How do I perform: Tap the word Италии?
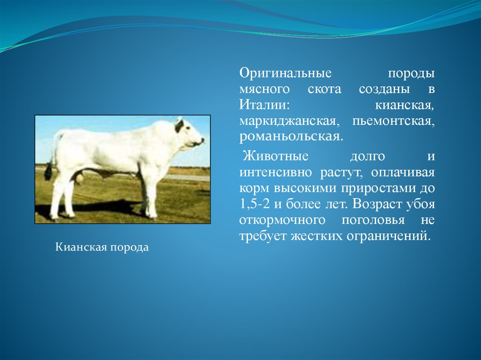(264, 106)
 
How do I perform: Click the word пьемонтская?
(394, 122)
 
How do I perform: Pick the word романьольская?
(291, 137)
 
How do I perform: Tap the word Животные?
(275, 156)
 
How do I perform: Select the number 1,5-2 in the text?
(254, 204)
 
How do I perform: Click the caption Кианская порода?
(102, 247)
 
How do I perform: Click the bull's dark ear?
(179, 126)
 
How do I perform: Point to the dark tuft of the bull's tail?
(48, 172)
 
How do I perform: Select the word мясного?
(264, 90)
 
